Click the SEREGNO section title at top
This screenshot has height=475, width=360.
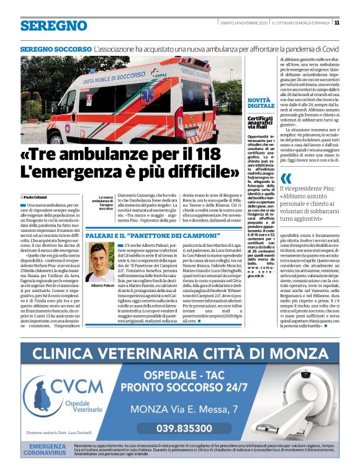pyautogui.click(x=53, y=25)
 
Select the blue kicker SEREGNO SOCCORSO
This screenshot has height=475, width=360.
pyautogui.click(x=55, y=48)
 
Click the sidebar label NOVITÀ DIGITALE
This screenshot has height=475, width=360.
pyautogui.click(x=261, y=102)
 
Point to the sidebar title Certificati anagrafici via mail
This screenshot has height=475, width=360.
pyautogui.click(x=261, y=122)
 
